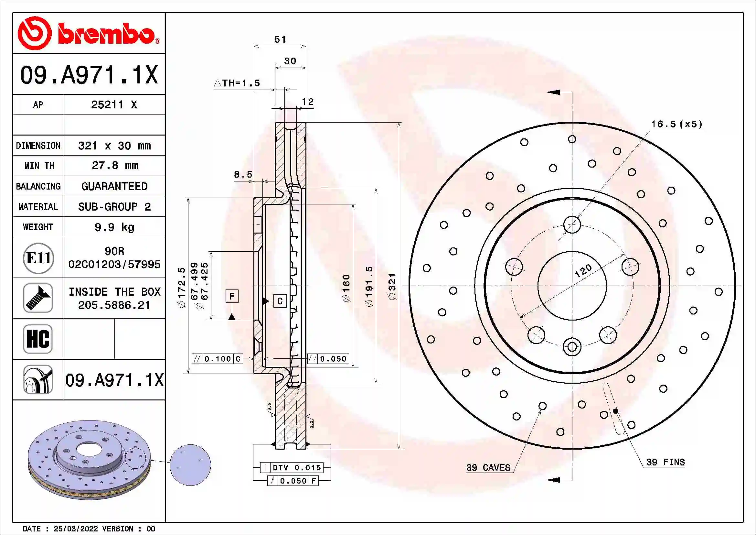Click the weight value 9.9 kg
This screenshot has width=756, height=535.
[x=114, y=227]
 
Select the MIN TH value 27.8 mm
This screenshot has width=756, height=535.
[x=114, y=165]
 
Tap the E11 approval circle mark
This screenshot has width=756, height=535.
[x=38, y=258]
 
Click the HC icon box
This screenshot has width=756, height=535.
[x=38, y=339]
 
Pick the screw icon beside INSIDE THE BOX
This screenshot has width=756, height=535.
[x=38, y=298]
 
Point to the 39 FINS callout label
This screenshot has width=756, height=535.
[x=665, y=462]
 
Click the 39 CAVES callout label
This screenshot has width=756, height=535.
[x=488, y=467]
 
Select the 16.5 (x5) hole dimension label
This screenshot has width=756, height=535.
[x=676, y=124]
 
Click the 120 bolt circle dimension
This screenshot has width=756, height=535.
[x=583, y=271]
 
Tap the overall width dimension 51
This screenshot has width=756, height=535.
[x=280, y=39]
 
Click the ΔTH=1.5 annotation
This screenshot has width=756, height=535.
[x=237, y=83]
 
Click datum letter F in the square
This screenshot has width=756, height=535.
[x=232, y=296]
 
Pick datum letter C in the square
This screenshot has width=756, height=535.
[x=280, y=301]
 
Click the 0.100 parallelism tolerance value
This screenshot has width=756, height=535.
[x=217, y=359]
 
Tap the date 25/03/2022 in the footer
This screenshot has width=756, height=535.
[x=76, y=529]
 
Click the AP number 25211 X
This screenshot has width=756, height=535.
[x=114, y=105]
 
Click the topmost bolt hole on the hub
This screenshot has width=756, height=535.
[x=572, y=225]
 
